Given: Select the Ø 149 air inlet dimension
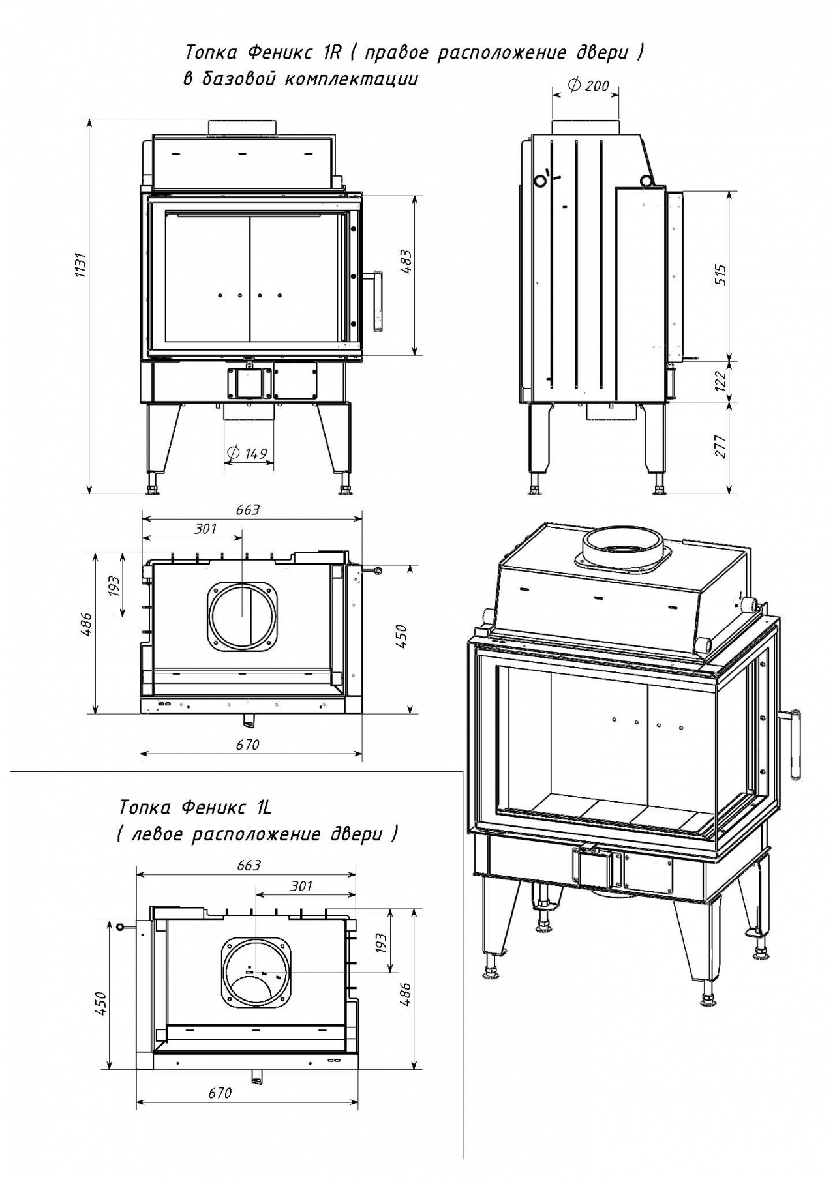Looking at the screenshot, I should click(x=249, y=453).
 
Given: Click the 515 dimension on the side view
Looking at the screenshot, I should click(x=721, y=276).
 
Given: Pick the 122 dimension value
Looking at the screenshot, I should click(x=721, y=381).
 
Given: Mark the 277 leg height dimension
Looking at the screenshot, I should click(x=721, y=446).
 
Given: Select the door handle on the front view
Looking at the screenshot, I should click(x=376, y=301).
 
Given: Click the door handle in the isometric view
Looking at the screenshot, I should click(x=797, y=744).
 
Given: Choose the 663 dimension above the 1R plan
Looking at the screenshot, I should click(x=248, y=509).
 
